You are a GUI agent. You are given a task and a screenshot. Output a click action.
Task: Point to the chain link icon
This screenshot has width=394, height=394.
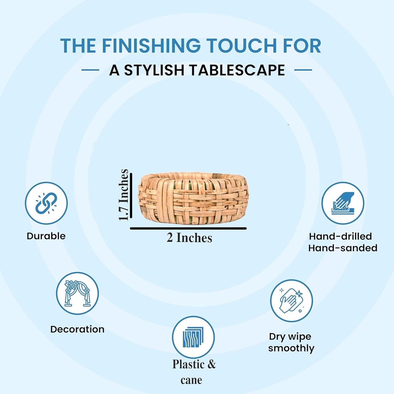pyautogui.click(x=46, y=203)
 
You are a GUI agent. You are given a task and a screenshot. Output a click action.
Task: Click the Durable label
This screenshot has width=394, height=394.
pyautogui.click(x=46, y=236)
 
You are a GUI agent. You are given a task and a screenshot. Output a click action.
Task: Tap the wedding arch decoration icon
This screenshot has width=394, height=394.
pyautogui.click(x=77, y=293)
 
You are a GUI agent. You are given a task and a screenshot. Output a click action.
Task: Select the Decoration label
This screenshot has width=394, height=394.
pyautogui.click(x=77, y=329)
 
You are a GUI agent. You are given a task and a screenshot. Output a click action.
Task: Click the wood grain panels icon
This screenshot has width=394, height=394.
pyautogui.click(x=193, y=337)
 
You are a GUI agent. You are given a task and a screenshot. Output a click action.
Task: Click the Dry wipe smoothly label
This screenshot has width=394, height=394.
pyautogui.click(x=291, y=342)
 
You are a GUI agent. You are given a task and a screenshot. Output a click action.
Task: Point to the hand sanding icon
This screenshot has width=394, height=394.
pyautogui.click(x=343, y=203)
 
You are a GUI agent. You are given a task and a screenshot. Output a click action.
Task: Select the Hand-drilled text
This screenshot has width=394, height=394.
pyautogui.click(x=341, y=236)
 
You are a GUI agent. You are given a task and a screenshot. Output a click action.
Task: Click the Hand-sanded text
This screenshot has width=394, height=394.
pyautogui.click(x=343, y=248)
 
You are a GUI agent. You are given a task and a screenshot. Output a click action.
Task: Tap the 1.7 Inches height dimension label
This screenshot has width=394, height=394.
pyautogui.click(x=124, y=195)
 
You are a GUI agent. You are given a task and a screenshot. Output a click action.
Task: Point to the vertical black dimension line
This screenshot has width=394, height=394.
pyautogui.click(x=131, y=196)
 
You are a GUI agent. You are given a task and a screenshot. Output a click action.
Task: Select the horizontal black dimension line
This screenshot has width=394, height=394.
pyautogui.click(x=188, y=228)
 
